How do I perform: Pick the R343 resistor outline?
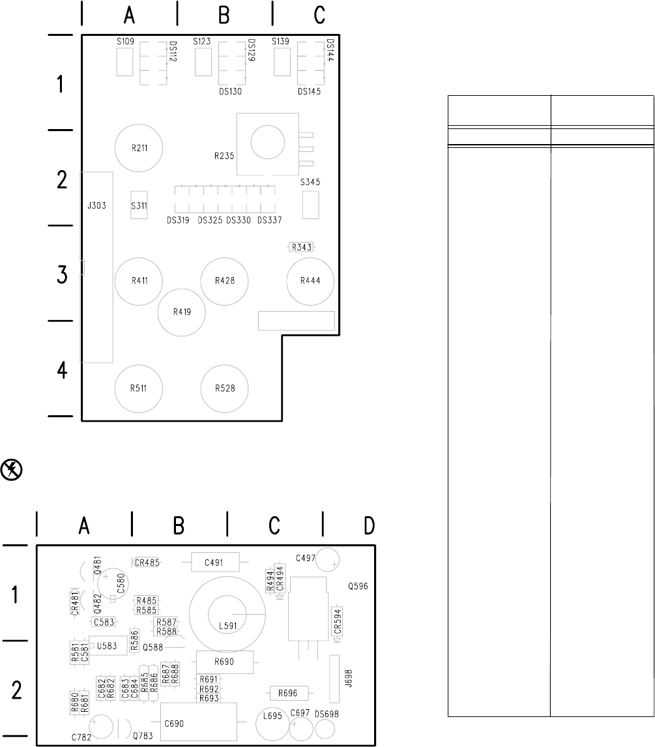pyautogui.click(x=301, y=247)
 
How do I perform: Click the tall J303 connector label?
pyautogui.click(x=96, y=206)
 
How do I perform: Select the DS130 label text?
pyautogui.click(x=231, y=91)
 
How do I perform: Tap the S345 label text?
pyautogui.click(x=310, y=182)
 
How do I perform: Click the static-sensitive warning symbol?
pyautogui.click(x=12, y=470)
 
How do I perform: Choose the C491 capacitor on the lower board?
pyautogui.click(x=214, y=562)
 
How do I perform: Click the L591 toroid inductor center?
pyautogui.click(x=227, y=615)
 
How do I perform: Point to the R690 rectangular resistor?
pyautogui.click(x=224, y=662)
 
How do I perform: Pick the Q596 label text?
pyautogui.click(x=358, y=587)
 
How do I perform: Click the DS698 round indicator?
pyautogui.click(x=325, y=729)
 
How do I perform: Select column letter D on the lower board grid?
pyautogui.click(x=369, y=525)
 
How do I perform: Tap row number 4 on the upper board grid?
pyautogui.click(x=62, y=370)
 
